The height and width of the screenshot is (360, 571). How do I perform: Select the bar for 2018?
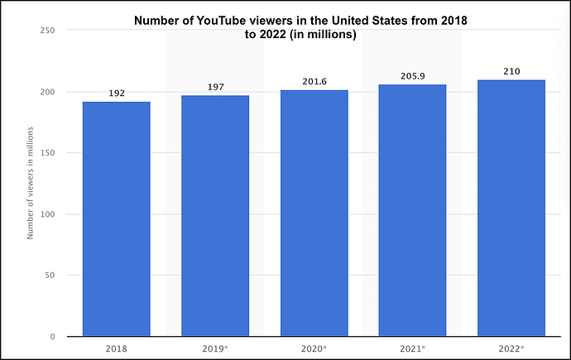coord(116,219)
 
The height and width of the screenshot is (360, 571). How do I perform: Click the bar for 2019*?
coord(215,217)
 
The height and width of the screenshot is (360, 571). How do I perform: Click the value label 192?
coord(116,94)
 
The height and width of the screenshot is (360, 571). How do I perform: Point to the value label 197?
coord(215,87)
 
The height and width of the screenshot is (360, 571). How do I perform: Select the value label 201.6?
coord(314,81)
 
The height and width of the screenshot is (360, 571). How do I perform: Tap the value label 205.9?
coord(412,76)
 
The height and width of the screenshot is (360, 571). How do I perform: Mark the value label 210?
coord(511,71)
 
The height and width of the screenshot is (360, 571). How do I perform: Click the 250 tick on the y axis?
coord(47,31)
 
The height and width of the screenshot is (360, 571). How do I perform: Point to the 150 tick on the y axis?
coord(47,153)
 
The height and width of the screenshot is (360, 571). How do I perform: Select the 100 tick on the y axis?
coord(47,214)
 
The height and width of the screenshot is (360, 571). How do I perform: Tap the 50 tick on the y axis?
coord(50,276)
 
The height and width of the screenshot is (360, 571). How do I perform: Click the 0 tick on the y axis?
coord(52,337)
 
